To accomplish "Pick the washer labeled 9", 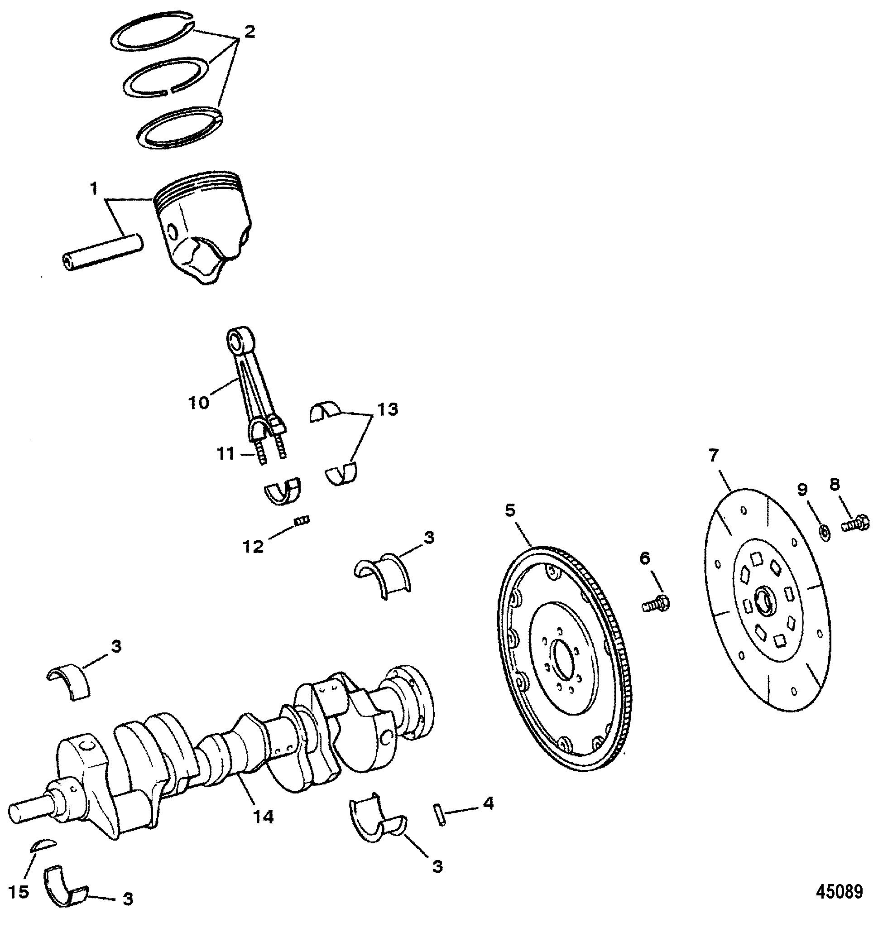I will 825,532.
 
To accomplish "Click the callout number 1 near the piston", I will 94,189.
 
